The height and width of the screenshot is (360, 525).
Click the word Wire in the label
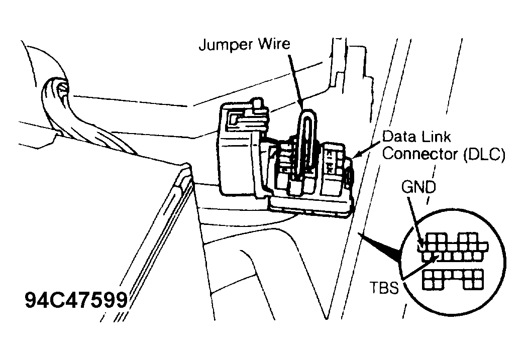pyautogui.click(x=273, y=44)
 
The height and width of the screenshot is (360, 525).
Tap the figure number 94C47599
pyautogui.click(x=76, y=300)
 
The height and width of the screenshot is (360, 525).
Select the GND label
pyautogui.click(x=418, y=187)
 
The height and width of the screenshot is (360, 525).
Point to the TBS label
pyautogui.click(x=384, y=287)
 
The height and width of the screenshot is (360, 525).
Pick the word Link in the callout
pyautogui.click(x=436, y=137)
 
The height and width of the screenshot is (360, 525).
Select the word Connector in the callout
pyautogui.click(x=421, y=154)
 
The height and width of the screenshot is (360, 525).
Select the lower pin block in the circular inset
pyautogui.click(x=453, y=279)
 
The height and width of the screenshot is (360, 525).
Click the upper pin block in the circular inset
pyautogui.click(x=453, y=248)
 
